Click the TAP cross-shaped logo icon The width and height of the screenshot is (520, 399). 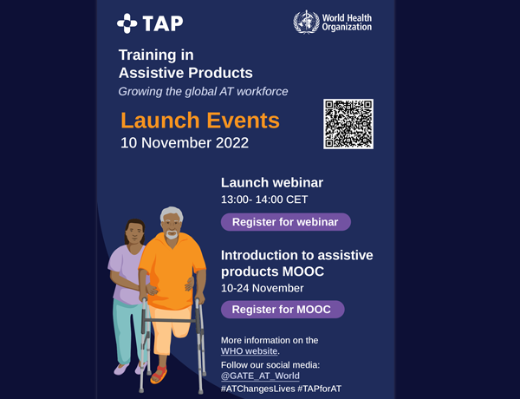click(x=127, y=23)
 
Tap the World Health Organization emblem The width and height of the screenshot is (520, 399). click(x=306, y=23)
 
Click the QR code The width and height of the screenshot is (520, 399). click(x=348, y=124)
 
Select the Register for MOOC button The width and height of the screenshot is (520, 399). click(x=283, y=310)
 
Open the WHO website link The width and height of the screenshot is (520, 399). click(x=249, y=351)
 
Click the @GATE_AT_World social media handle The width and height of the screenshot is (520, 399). click(x=260, y=376)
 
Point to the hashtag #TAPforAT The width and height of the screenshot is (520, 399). click(x=319, y=389)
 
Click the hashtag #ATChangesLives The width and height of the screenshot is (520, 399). click(x=257, y=389)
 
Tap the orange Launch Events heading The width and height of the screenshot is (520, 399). click(x=200, y=121)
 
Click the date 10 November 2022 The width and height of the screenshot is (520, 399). click(x=185, y=143)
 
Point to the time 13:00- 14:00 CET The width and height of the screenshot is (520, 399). click(x=264, y=199)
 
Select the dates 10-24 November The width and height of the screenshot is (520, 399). click(x=262, y=288)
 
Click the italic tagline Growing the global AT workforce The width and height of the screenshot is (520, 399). click(x=203, y=92)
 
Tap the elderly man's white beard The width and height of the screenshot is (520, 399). click(x=172, y=235)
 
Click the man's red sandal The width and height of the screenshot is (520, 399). click(x=159, y=375)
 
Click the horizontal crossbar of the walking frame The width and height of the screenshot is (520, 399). click(x=170, y=321)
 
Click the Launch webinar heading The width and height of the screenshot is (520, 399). click(x=272, y=182)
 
